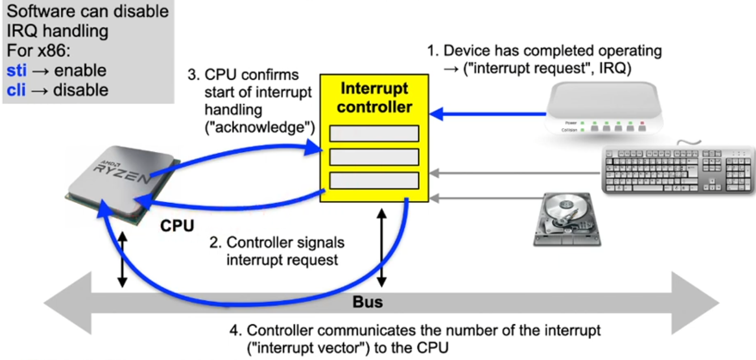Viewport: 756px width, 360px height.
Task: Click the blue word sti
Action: click(x=17, y=71)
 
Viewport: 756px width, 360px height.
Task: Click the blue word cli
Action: click(x=16, y=90)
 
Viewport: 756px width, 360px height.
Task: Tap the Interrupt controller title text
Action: click(x=374, y=98)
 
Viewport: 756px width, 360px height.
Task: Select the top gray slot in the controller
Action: click(x=374, y=133)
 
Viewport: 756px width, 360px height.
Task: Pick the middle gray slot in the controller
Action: click(x=374, y=156)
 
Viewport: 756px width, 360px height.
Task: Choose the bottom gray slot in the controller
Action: click(x=374, y=180)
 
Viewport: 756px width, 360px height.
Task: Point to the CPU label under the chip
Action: click(x=177, y=226)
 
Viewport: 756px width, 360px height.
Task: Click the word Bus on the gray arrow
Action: click(x=368, y=302)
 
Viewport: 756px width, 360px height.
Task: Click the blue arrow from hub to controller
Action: click(x=488, y=115)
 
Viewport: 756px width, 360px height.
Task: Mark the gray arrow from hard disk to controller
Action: click(x=482, y=198)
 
